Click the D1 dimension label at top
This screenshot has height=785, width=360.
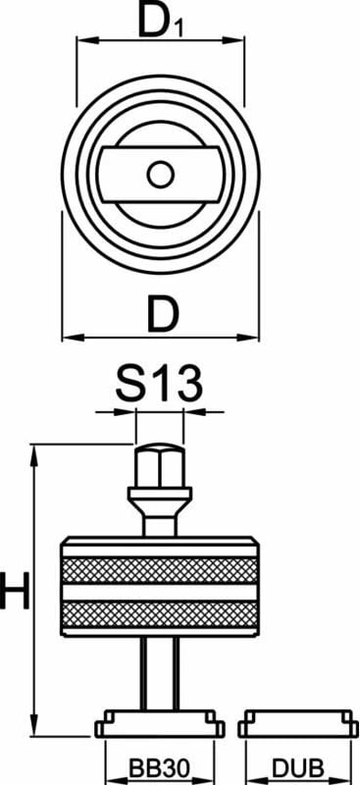point(161,21)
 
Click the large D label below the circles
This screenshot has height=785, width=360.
point(162,313)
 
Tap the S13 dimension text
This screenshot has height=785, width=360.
point(159,385)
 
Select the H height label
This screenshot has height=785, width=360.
point(15,592)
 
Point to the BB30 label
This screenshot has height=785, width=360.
point(159,767)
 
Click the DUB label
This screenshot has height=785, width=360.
point(298,767)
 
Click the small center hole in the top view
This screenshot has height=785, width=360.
point(161,175)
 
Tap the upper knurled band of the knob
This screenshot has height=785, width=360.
point(160,570)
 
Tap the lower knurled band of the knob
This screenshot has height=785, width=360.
point(160,614)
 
